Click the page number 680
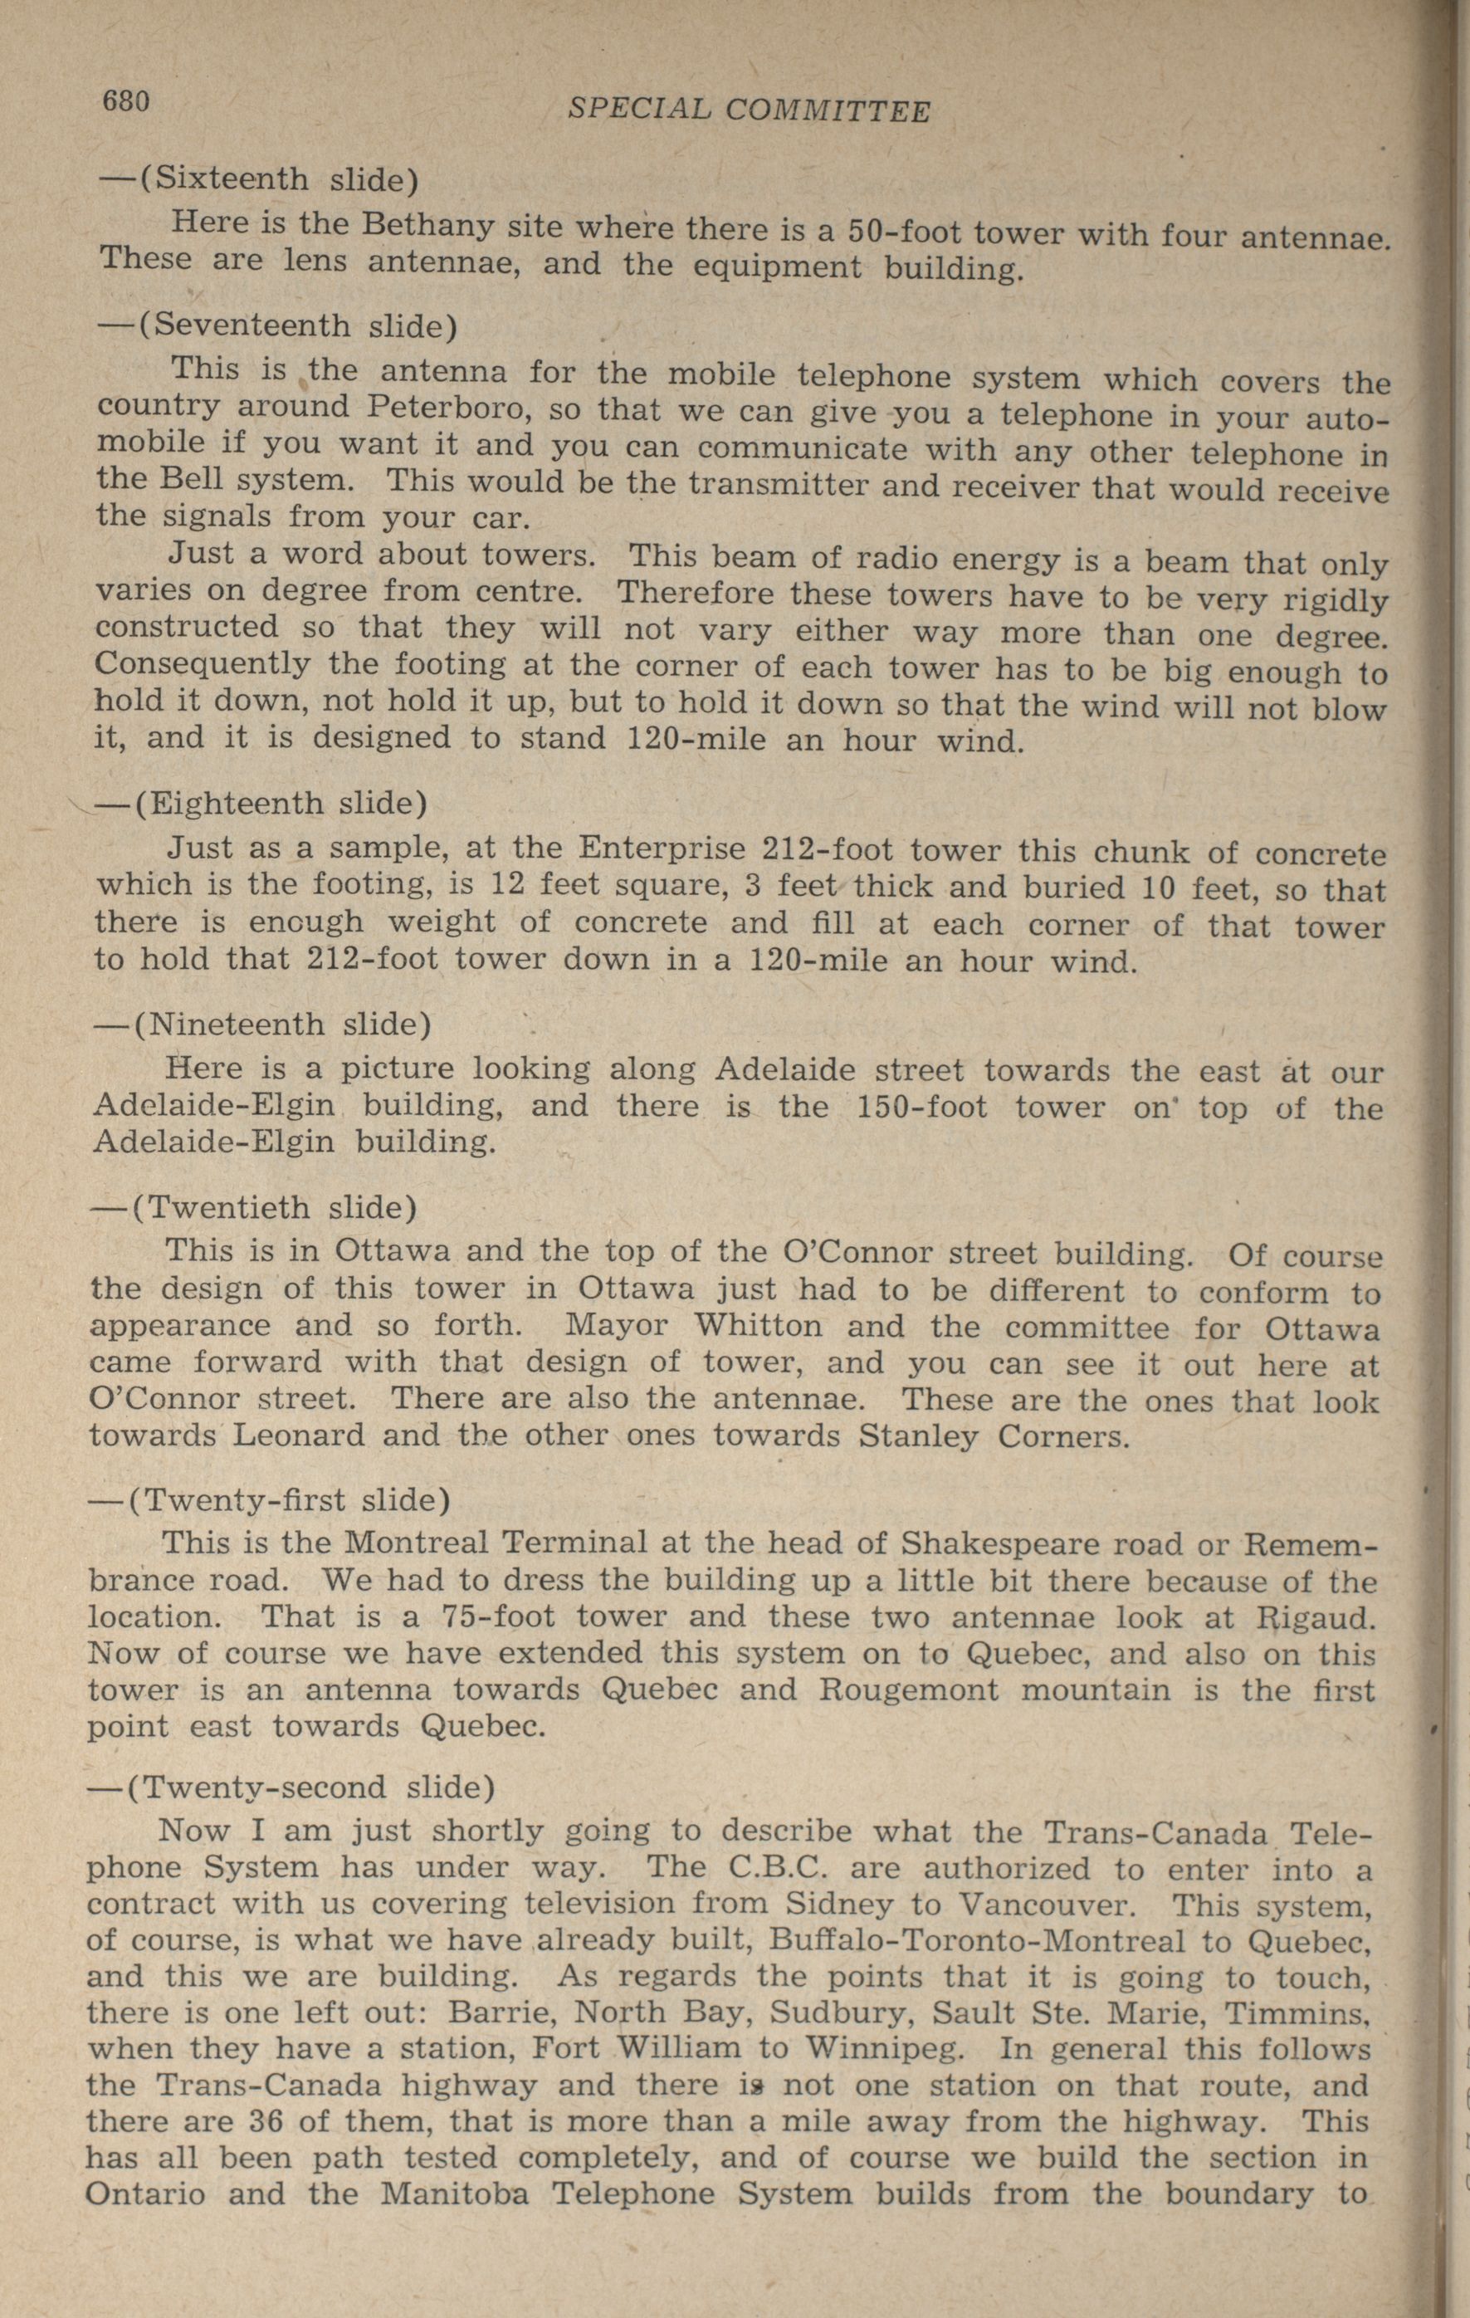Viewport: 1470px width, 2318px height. coord(125,100)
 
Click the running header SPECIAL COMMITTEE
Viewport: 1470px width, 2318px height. coord(749,110)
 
